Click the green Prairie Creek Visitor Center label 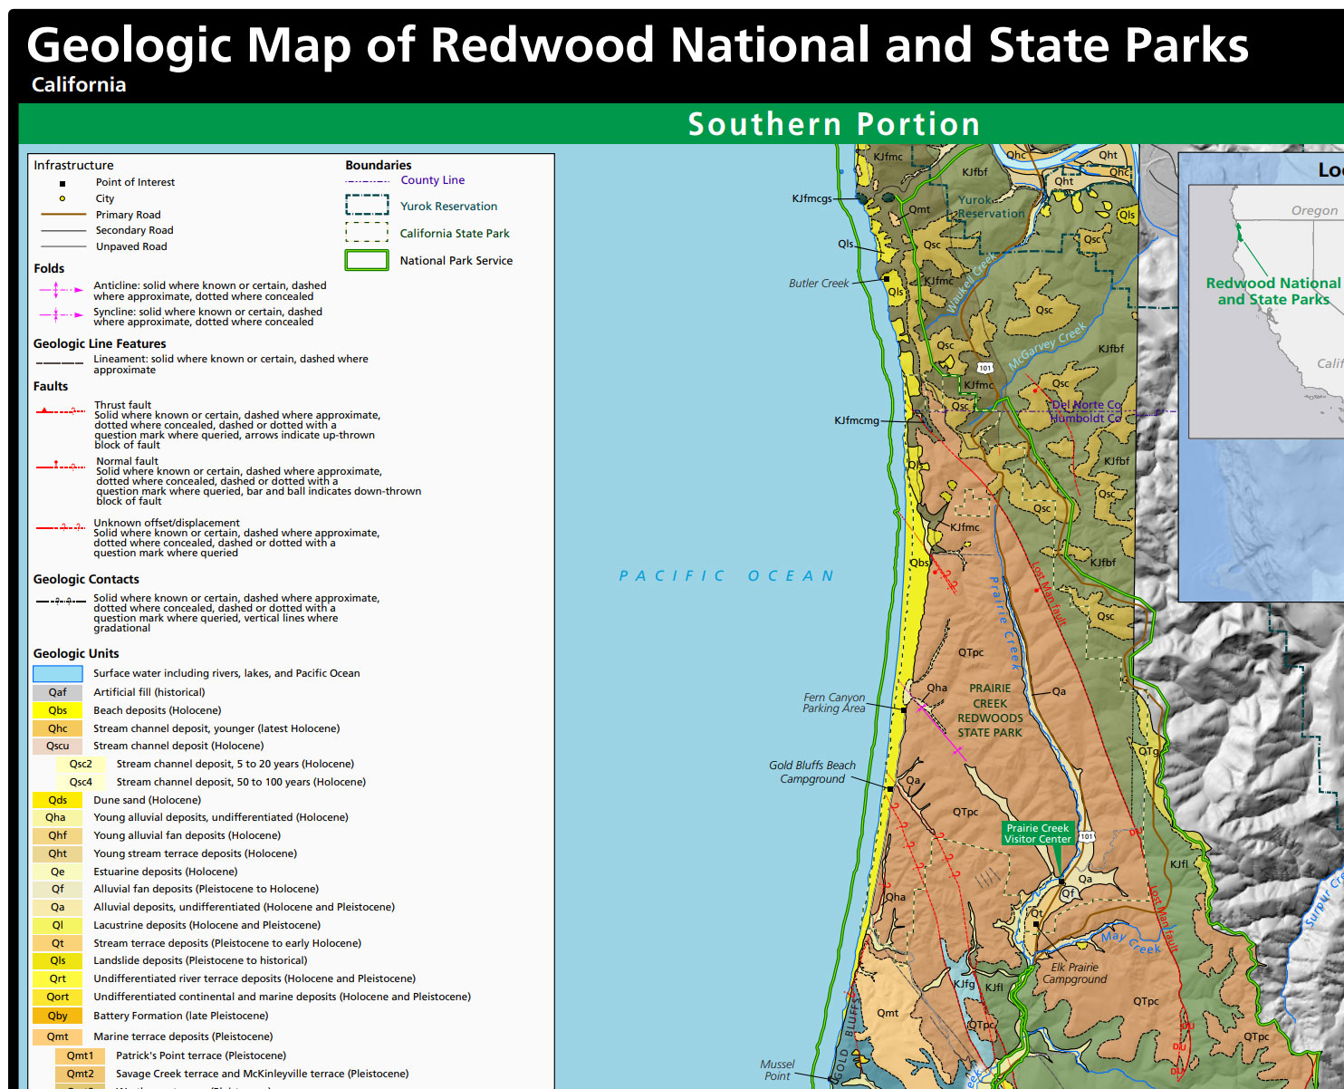1037,834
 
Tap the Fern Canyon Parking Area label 833,703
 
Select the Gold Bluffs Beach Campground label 812,772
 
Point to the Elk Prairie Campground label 1074,973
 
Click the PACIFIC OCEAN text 726,576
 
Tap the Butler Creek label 819,284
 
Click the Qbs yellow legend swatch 58,710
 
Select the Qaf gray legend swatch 58,692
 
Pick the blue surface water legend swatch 58,673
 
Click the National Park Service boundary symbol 367,261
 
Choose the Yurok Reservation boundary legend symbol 367,206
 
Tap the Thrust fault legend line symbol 60,410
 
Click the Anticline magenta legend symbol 60,290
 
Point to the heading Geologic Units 76,653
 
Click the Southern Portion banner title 833,124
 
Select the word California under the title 79,84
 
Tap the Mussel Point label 777,1070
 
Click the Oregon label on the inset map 1313,210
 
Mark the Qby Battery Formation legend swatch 58,1016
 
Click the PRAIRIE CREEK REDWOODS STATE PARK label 990,710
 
